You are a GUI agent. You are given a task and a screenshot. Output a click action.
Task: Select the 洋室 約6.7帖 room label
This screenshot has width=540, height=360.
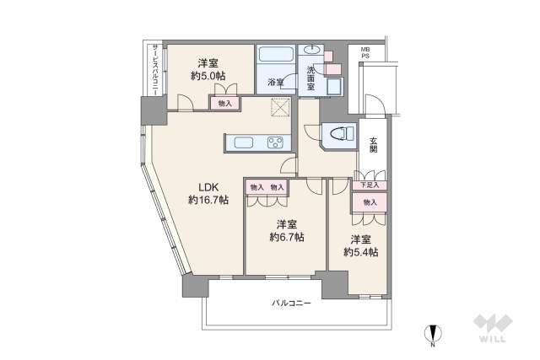tap(287, 230)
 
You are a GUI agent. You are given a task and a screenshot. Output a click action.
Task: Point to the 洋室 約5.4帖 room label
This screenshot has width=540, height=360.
tap(360, 245)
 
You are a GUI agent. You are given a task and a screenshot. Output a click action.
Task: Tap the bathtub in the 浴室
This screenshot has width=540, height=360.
tap(276, 56)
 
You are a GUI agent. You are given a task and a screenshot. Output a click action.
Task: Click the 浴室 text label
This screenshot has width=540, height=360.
tap(275, 82)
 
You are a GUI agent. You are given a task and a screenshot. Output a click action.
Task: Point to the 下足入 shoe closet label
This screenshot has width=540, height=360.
tap(369, 185)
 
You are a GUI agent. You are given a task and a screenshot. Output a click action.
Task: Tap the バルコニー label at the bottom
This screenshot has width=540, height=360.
tap(291, 302)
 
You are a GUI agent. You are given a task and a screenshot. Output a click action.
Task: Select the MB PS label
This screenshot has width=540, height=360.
tap(365, 55)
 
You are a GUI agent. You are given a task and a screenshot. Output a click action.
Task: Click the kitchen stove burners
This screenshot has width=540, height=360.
tap(276, 141)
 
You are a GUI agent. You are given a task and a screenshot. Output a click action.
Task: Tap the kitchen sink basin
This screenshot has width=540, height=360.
tap(240, 141)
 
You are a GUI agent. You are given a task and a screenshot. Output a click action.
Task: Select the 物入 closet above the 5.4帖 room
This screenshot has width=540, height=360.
tap(370, 202)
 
